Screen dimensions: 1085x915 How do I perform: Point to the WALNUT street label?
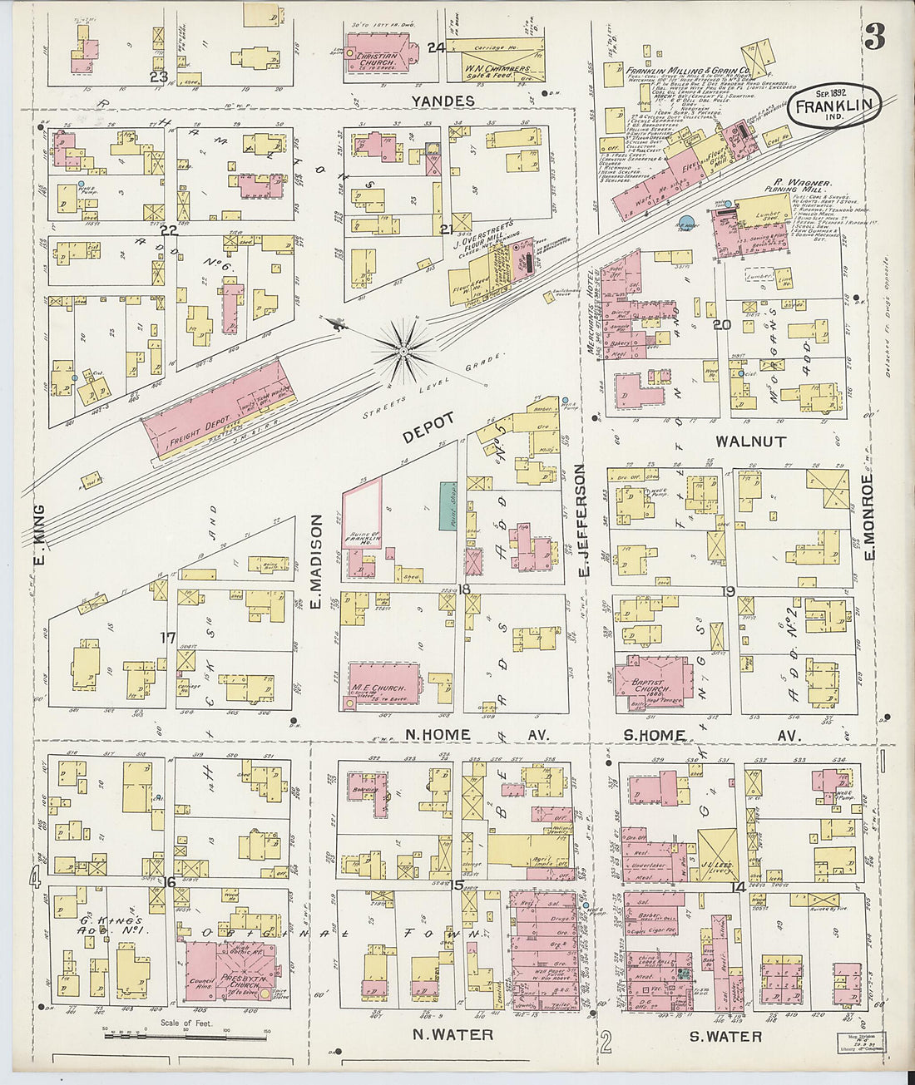750,441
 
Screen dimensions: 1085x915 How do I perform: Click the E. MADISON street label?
316,561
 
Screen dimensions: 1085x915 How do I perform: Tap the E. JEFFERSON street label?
583,521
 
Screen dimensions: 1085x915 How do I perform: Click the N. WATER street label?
453,1035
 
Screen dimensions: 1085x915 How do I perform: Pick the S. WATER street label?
725,1036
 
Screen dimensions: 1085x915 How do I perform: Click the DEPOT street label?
429,428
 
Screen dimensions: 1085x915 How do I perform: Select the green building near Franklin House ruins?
448,506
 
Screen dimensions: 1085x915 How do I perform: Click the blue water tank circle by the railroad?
686,223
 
